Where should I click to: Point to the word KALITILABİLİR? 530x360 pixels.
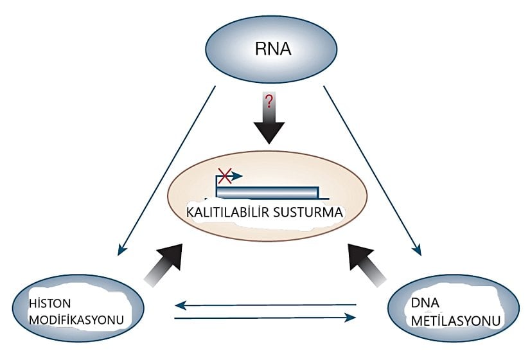222,212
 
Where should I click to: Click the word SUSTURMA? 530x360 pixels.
310,212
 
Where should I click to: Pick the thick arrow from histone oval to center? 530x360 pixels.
161,264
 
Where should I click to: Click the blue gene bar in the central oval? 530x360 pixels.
267,192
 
